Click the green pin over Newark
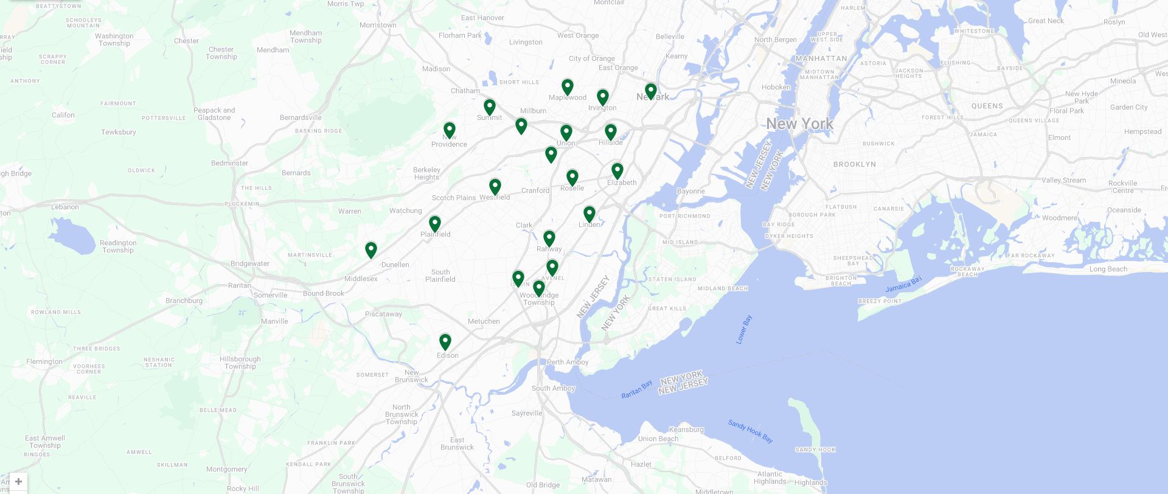(651, 91)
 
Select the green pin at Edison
(445, 341)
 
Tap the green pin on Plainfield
(435, 224)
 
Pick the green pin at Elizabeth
(617, 170)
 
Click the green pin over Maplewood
(568, 87)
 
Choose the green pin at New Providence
(450, 130)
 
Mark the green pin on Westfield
(495, 186)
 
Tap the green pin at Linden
(589, 214)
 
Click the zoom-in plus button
(18, 481)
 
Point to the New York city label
(799, 123)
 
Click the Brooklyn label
(855, 164)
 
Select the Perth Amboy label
(568, 362)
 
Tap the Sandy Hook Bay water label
(750, 431)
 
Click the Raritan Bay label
(636, 389)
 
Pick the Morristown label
(378, 25)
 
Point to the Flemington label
(44, 361)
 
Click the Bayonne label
(690, 191)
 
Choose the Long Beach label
(1108, 269)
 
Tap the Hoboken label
(776, 87)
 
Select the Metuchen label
(484, 321)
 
